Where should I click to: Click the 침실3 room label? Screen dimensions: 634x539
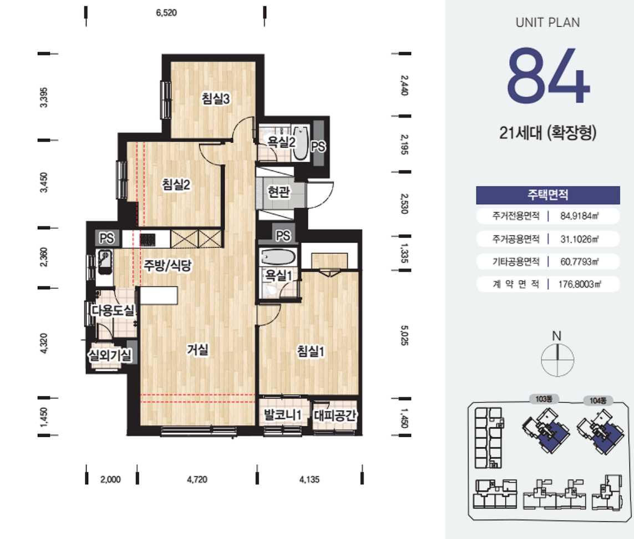pyautogui.click(x=216, y=98)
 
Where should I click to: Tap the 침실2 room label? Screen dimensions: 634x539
pyautogui.click(x=176, y=184)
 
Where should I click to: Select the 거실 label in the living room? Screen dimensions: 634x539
pyautogui.click(x=197, y=349)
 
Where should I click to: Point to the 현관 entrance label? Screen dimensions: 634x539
pyautogui.click(x=278, y=192)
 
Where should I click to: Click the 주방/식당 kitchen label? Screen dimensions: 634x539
pyautogui.click(x=168, y=265)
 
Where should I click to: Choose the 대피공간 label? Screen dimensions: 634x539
pyautogui.click(x=335, y=415)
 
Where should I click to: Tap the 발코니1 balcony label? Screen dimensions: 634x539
pyautogui.click(x=283, y=415)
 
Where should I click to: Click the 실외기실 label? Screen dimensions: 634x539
pyautogui.click(x=110, y=355)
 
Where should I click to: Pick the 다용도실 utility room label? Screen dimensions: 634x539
pyautogui.click(x=113, y=310)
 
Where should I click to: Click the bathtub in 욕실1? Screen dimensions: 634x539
pyautogui.click(x=278, y=256)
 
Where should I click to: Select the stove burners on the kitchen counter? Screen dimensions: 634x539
pyautogui.click(x=148, y=240)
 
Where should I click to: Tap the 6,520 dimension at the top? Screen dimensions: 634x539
pyautogui.click(x=166, y=13)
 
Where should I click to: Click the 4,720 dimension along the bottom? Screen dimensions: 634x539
pyautogui.click(x=197, y=480)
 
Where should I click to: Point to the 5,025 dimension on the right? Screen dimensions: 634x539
pyautogui.click(x=404, y=335)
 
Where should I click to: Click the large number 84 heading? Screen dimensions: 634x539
pyautogui.click(x=548, y=75)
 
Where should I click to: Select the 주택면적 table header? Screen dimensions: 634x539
pyautogui.click(x=548, y=195)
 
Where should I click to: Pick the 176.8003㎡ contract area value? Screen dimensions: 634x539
pyautogui.click(x=580, y=284)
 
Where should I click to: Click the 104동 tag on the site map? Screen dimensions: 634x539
pyautogui.click(x=598, y=401)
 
